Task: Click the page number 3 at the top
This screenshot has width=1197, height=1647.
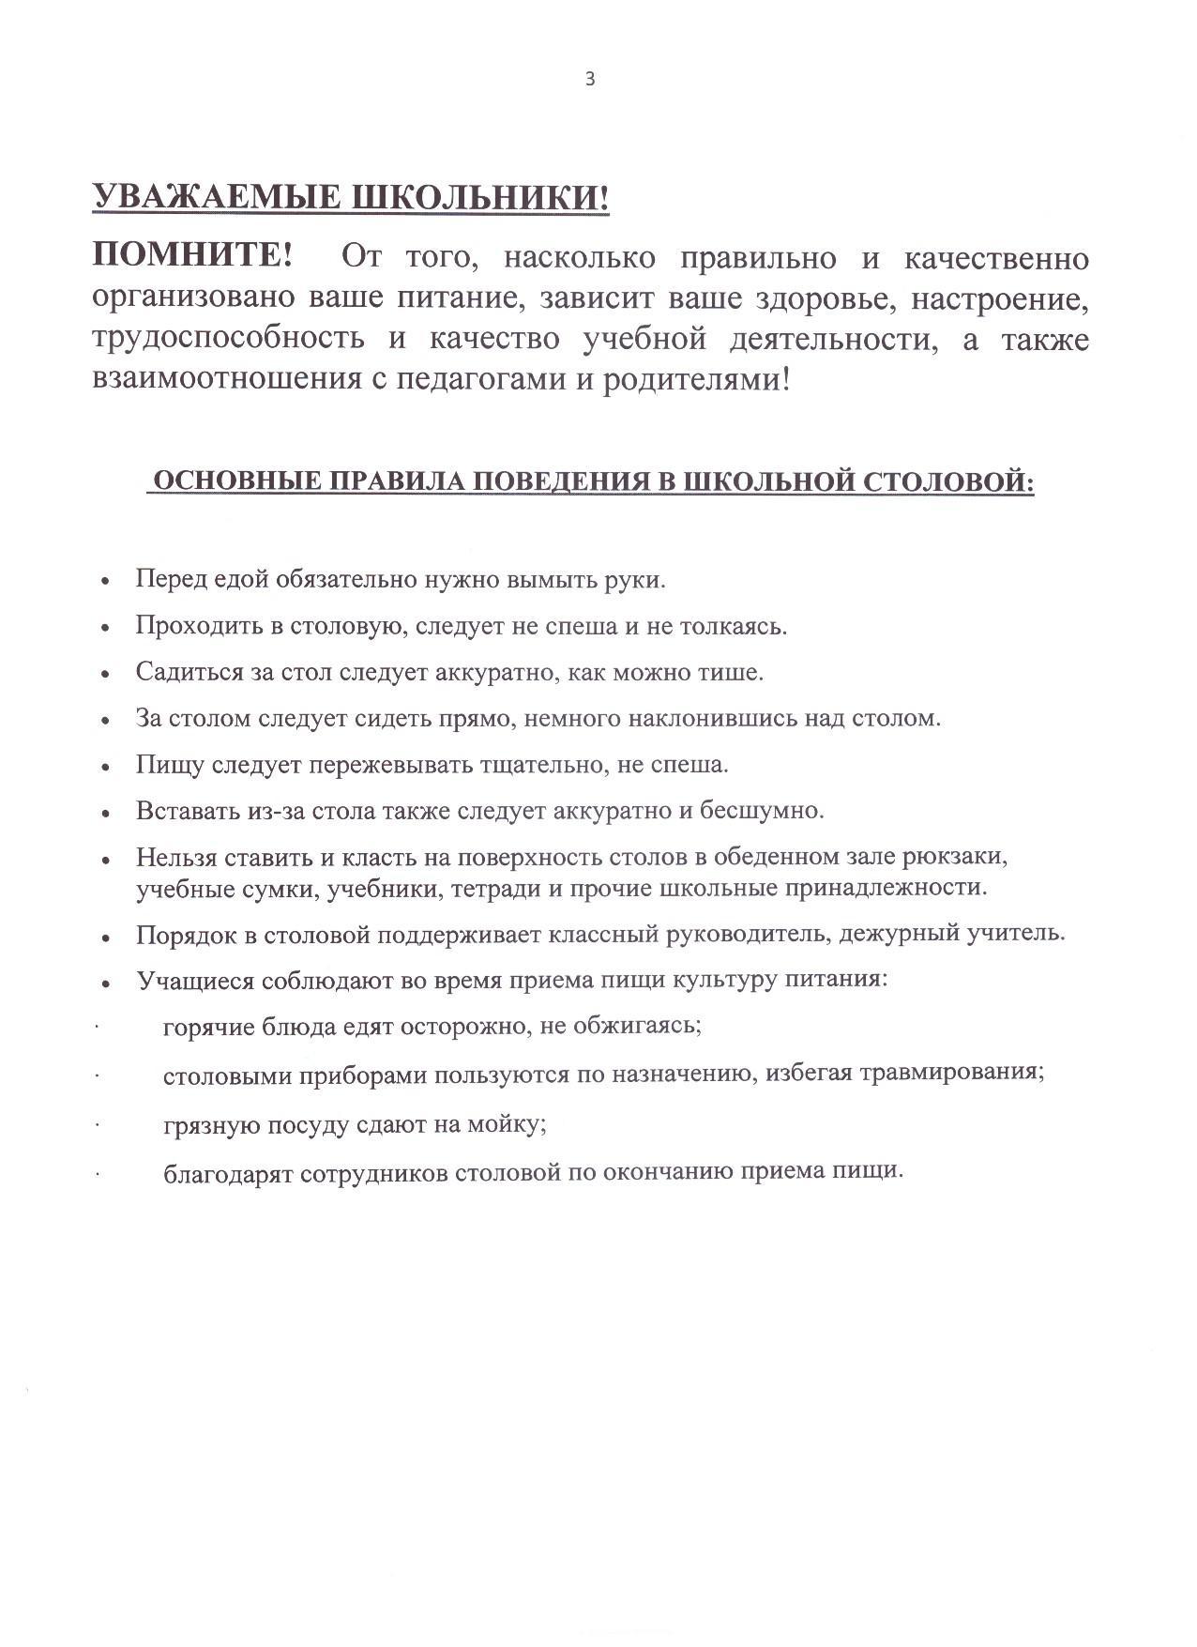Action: click(590, 80)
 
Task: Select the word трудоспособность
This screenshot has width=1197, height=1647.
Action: click(229, 338)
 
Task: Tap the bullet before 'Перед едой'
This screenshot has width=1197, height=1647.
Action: click(107, 581)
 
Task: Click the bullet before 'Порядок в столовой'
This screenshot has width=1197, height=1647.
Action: click(107, 937)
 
